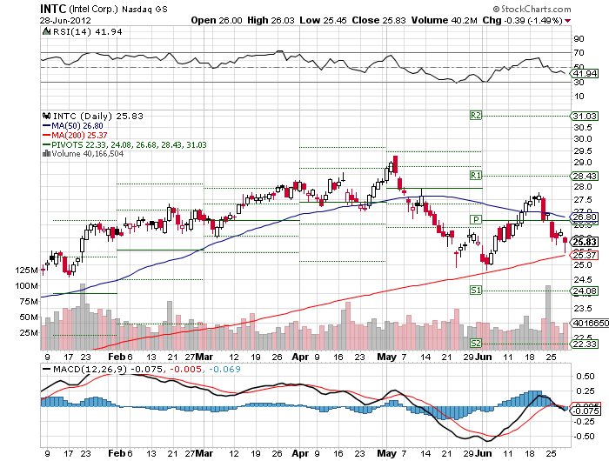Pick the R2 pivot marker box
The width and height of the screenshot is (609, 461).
tap(476, 115)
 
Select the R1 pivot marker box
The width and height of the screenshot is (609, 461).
tap(476, 176)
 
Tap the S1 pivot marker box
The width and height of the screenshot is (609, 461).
tap(476, 290)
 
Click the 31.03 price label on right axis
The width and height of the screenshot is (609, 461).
tap(583, 116)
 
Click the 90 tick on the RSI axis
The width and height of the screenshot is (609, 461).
tap(576, 39)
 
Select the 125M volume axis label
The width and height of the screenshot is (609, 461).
tap(26, 271)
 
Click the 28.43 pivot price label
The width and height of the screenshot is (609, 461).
tap(583, 177)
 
